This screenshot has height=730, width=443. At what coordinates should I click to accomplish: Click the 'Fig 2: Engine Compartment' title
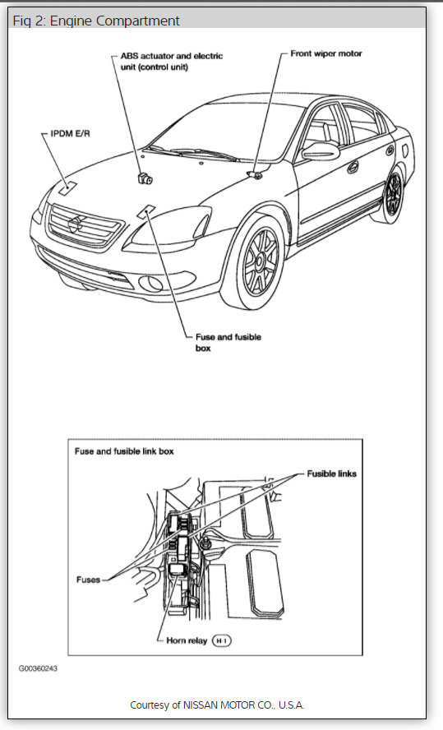pos(96,21)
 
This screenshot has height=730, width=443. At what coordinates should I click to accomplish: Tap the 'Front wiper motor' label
pos(326,53)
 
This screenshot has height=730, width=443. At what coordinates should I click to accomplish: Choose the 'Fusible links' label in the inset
pos(331,474)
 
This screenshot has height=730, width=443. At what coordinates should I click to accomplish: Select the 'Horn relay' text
pos(181,639)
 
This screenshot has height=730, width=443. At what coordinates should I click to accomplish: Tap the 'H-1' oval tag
pos(223,639)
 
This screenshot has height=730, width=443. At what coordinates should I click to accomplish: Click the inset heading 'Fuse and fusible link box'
pos(124,451)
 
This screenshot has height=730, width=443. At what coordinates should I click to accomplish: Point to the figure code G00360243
pos(38,668)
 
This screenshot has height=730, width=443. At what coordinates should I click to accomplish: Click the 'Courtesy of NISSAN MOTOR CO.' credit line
pos(217,705)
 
